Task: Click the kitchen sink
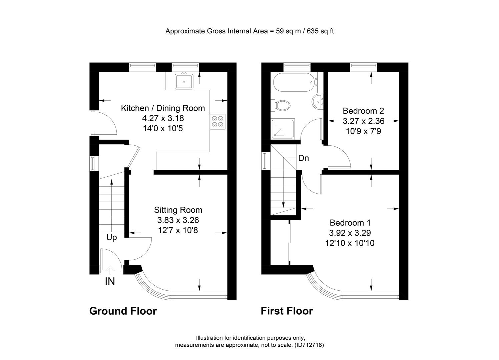pyautogui.click(x=184, y=81)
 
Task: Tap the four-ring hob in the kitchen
pyautogui.click(x=217, y=122)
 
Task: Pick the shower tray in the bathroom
pyautogui.click(x=283, y=128)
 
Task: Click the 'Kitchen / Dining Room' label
pyautogui.click(x=163, y=108)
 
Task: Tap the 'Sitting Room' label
pyautogui.click(x=178, y=210)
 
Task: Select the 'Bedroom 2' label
pyautogui.click(x=363, y=111)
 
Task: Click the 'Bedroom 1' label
pyautogui.click(x=350, y=223)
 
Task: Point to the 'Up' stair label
pyautogui.click(x=111, y=238)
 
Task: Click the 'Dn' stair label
pyautogui.click(x=304, y=158)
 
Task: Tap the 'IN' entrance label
pyautogui.click(x=110, y=282)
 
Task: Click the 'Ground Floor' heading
pyautogui.click(x=123, y=311)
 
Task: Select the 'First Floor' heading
pyautogui.click(x=287, y=311)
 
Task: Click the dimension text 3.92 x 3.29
pyautogui.click(x=350, y=233)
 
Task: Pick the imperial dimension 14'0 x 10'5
pyautogui.click(x=163, y=128)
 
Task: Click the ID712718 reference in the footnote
pyautogui.click(x=309, y=345)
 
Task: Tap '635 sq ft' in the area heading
pyautogui.click(x=320, y=31)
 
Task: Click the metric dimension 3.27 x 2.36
pyautogui.click(x=364, y=121)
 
